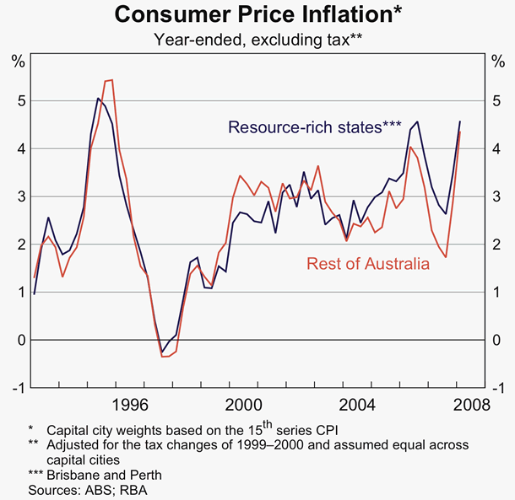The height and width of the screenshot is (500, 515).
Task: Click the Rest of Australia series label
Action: click(x=369, y=264)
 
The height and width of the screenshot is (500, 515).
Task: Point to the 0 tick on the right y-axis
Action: click(x=496, y=340)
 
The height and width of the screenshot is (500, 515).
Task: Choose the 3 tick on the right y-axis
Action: click(x=496, y=196)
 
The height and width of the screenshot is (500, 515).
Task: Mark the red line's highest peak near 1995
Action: click(x=111, y=80)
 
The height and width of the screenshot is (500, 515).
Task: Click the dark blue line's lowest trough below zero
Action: click(x=162, y=352)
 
